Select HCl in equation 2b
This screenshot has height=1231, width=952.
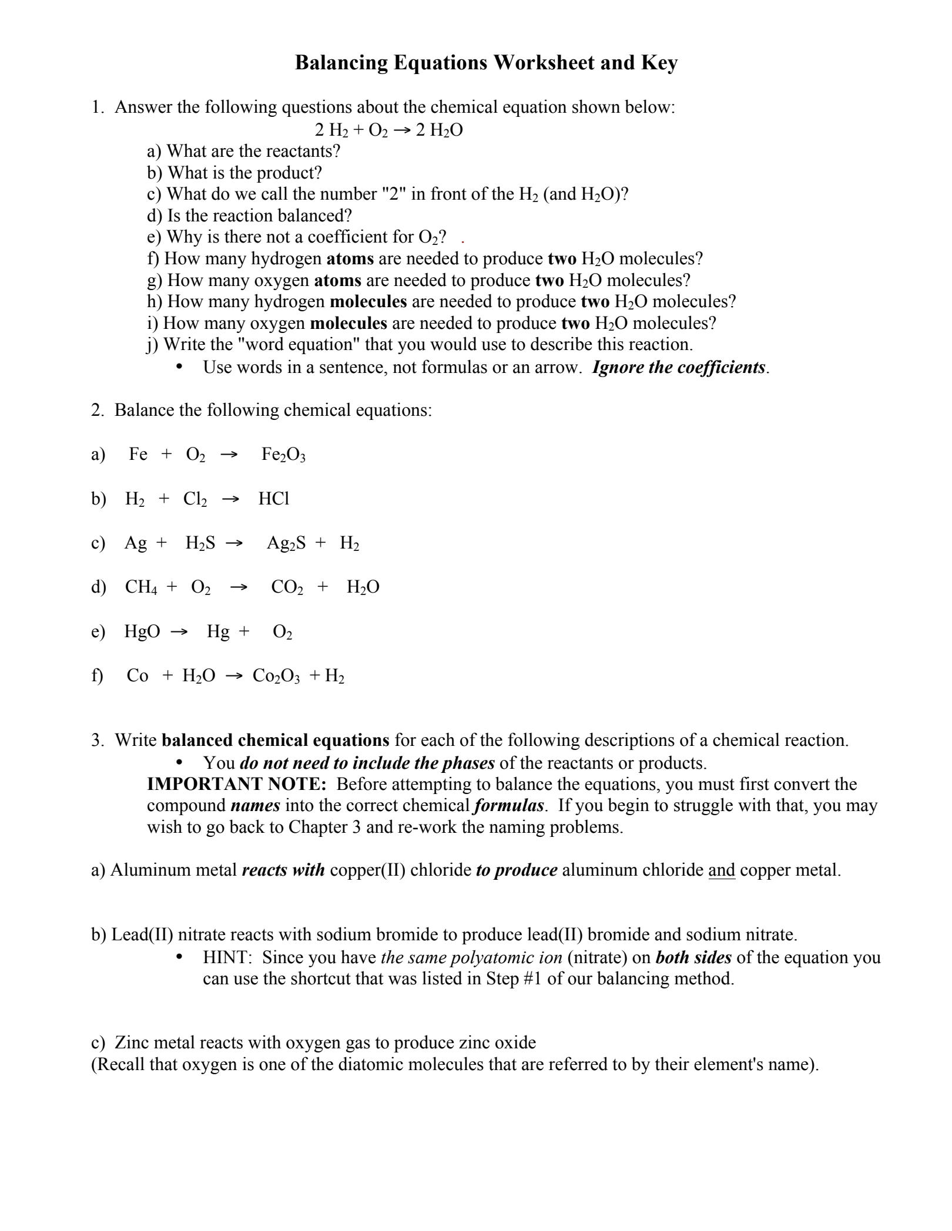[x=274, y=499]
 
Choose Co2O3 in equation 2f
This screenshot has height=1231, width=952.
[x=276, y=676]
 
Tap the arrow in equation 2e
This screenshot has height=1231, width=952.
[x=179, y=632]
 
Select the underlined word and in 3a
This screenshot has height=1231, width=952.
[x=722, y=870]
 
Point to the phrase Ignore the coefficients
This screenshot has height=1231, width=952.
[x=679, y=368]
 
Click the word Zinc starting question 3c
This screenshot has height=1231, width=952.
[x=133, y=1042]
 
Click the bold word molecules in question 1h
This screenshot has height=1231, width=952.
[x=368, y=301]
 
